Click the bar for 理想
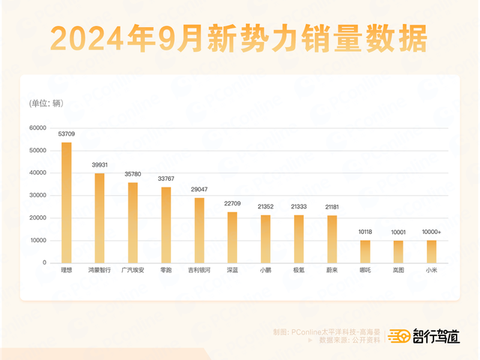tap(67, 202)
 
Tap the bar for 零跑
tap(166, 225)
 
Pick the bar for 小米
tap(431, 251)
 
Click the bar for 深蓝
tap(232, 237)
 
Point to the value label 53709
tap(67, 134)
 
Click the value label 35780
tap(133, 174)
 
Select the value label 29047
tap(199, 190)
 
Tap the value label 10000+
tap(431, 232)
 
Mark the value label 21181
tap(332, 207)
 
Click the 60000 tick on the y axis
tap(38, 128)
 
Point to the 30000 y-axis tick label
tap(38, 196)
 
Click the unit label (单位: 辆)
tap(46, 103)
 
